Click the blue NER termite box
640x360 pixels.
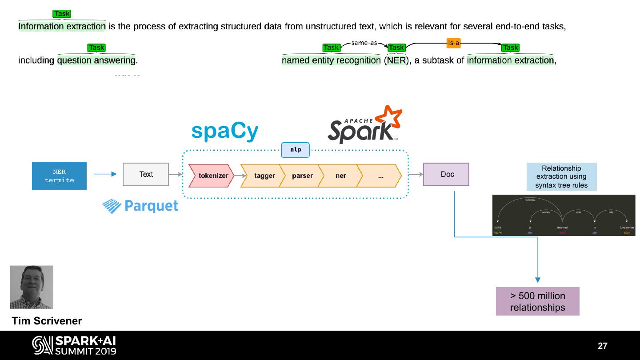point(59,176)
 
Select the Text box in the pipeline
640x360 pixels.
point(146,174)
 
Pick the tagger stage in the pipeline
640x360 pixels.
point(264,176)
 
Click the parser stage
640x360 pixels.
point(302,176)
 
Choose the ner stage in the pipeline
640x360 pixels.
point(340,176)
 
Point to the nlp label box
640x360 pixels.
point(296,150)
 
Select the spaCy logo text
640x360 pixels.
point(225,132)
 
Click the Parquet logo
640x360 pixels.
point(140,206)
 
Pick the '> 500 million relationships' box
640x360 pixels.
point(537,301)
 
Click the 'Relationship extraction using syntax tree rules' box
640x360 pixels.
point(561,177)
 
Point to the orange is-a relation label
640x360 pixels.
point(453,43)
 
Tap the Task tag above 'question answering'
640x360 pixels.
point(96,48)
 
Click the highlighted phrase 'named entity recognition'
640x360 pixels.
point(331,60)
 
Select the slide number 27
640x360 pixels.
point(602,346)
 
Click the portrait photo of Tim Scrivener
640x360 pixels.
point(32,287)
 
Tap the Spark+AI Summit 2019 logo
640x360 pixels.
point(74,345)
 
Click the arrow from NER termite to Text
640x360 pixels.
point(105,174)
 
